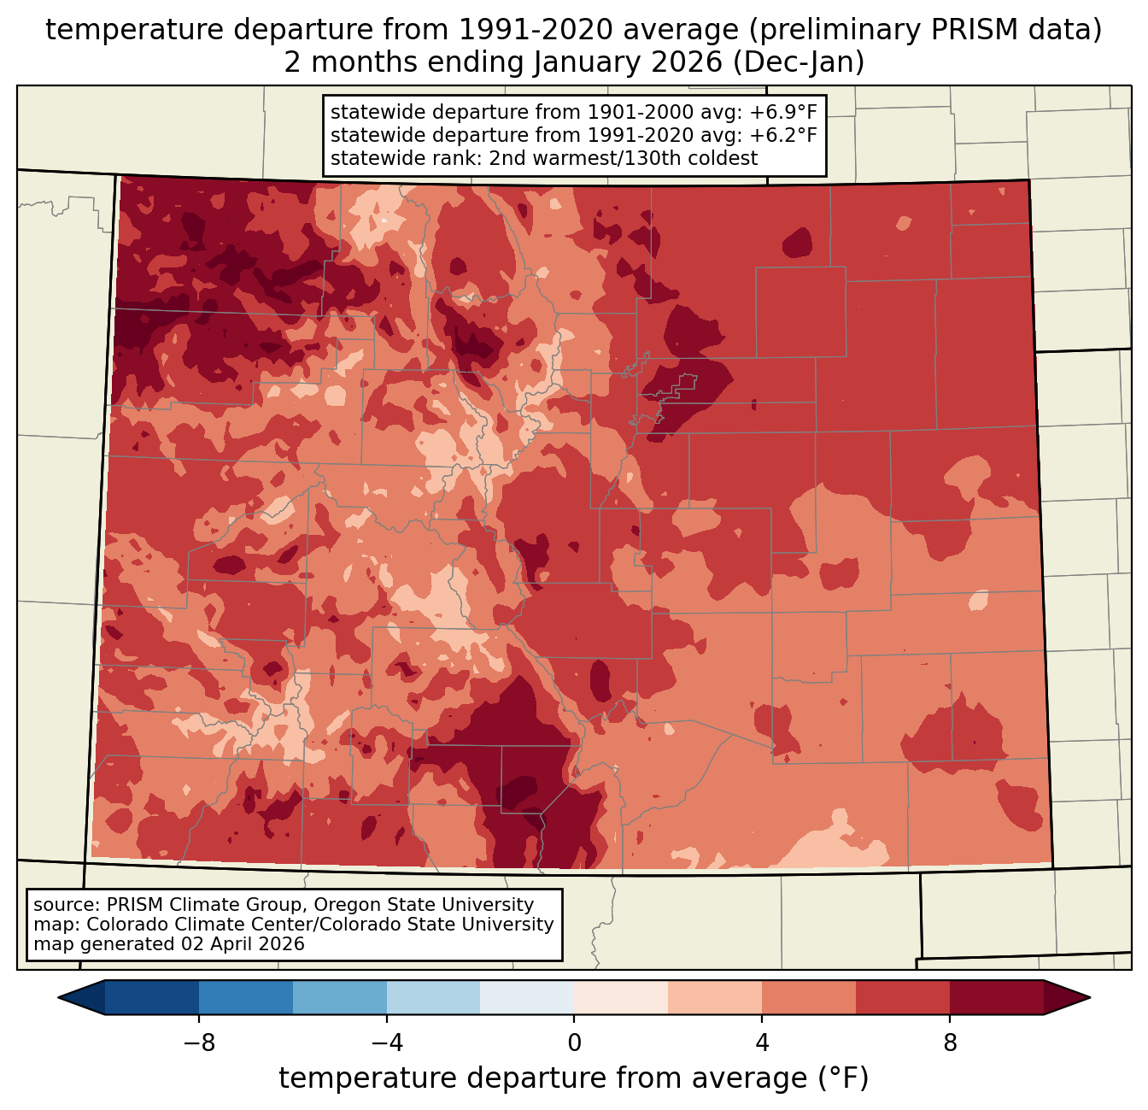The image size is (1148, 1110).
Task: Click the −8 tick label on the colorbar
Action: pos(198,1042)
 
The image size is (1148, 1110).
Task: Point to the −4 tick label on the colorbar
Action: pos(386,1042)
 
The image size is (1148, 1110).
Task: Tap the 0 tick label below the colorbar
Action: pos(574,1042)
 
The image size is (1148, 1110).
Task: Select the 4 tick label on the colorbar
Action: pos(762,1042)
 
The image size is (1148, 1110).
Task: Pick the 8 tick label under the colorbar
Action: pos(950,1042)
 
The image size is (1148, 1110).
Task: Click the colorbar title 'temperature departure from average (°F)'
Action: pos(574,1078)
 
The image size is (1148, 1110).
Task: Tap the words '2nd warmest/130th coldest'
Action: pos(623,158)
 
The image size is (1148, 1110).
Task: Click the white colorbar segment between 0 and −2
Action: pos(527,997)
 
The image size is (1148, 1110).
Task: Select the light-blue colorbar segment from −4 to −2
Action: pos(433,997)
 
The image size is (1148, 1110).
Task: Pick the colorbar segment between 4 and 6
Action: pos(809,997)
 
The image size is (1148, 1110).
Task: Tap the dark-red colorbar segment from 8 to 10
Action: pos(997,997)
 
